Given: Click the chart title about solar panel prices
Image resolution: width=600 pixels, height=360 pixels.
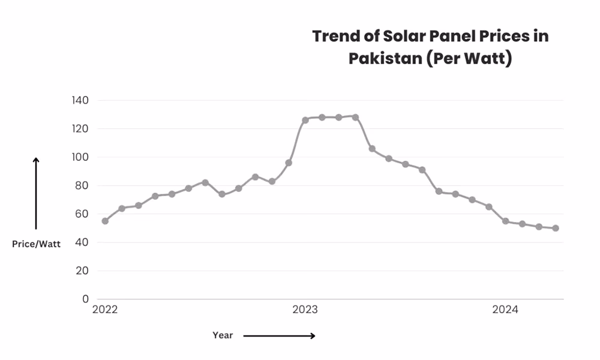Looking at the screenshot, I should click(430, 48).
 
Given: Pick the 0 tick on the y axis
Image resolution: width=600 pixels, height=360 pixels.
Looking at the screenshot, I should click(85, 299).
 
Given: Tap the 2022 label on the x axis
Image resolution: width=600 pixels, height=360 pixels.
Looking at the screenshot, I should click(105, 310).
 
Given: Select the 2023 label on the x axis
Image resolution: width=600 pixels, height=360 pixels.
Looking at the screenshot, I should click(305, 310).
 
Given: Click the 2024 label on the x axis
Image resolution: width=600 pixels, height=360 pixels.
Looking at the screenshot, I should click(505, 310).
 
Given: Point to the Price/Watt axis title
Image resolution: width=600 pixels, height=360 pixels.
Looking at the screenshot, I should click(36, 244).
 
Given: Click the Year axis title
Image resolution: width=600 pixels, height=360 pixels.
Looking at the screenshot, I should click(223, 335).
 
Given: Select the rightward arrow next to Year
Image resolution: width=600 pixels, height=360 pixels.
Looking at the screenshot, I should click(279, 336).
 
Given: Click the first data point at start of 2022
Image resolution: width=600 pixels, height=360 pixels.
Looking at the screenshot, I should click(105, 221).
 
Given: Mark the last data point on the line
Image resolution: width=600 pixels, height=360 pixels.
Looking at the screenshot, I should click(556, 228).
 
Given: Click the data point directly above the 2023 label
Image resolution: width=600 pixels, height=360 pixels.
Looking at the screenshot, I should click(305, 120).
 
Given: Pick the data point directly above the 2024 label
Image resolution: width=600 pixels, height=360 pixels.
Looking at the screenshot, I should click(505, 221).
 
